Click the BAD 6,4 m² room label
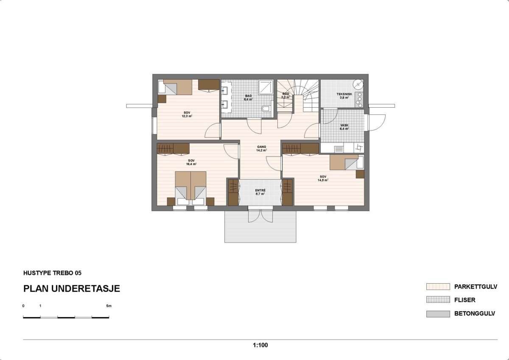click(x=248, y=98)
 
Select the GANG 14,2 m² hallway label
click(x=261, y=148)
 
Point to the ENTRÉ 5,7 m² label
click(x=260, y=192)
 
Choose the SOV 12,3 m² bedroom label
click(x=187, y=114)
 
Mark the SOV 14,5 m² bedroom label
click(x=323, y=178)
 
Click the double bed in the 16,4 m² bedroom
click(x=191, y=186)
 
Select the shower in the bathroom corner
click(x=266, y=87)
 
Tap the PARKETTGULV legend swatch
click(x=438, y=287)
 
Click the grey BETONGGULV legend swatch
click(x=438, y=314)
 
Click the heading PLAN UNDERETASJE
click(x=72, y=289)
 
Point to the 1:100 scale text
click(x=260, y=345)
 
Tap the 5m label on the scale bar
click(x=109, y=306)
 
